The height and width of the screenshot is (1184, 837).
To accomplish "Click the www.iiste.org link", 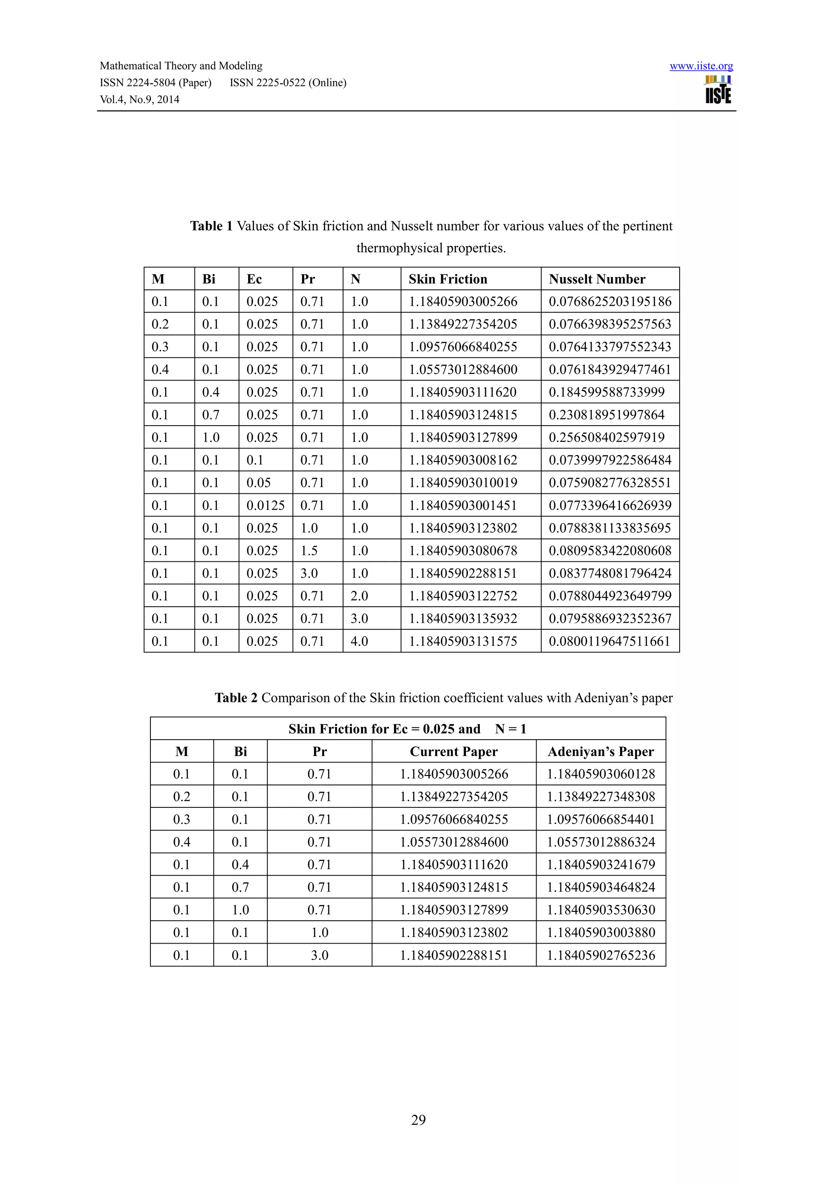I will click(x=701, y=66).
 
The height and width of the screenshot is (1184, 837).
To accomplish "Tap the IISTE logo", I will click(x=718, y=90).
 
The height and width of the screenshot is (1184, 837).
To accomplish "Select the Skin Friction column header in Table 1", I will click(x=448, y=279).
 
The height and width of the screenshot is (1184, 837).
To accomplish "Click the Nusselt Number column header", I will click(x=596, y=279).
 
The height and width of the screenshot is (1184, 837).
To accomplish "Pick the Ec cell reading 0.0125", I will click(x=265, y=505).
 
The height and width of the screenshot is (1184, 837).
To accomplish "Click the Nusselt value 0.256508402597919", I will click(x=606, y=437).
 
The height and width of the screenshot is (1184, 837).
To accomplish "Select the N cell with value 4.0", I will click(x=359, y=641).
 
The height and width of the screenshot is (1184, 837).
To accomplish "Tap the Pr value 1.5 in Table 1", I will click(x=309, y=551).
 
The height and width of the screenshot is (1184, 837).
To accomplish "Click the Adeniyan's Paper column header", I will click(x=600, y=751).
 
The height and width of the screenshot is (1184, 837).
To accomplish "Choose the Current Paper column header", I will click(x=454, y=751).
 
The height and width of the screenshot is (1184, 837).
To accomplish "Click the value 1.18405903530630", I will click(x=601, y=910).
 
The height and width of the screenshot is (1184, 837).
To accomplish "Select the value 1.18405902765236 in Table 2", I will click(x=601, y=955).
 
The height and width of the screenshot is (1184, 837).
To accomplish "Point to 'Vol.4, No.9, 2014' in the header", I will click(x=139, y=99).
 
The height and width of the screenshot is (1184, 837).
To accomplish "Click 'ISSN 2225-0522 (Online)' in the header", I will click(x=288, y=83).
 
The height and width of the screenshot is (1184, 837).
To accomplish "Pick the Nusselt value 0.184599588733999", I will click(x=606, y=392).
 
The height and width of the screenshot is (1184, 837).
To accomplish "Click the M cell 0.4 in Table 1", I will click(x=160, y=370).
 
